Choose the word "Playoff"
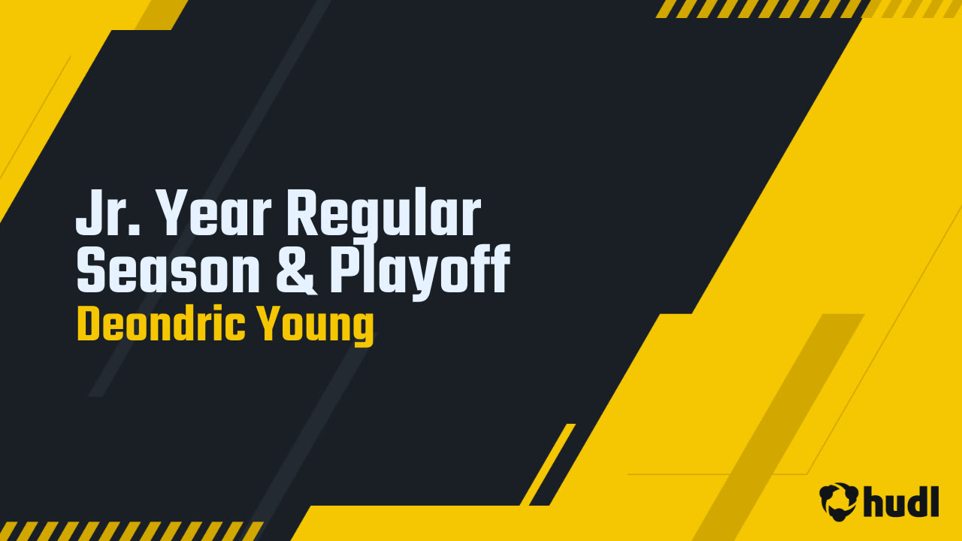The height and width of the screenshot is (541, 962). tap(419, 272)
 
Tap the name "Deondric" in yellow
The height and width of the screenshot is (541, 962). tap(161, 325)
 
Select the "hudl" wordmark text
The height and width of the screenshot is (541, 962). tap(900, 501)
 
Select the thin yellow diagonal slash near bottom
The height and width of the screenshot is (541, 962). tap(548, 464)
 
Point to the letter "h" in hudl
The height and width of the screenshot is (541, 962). tap(875, 501)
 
